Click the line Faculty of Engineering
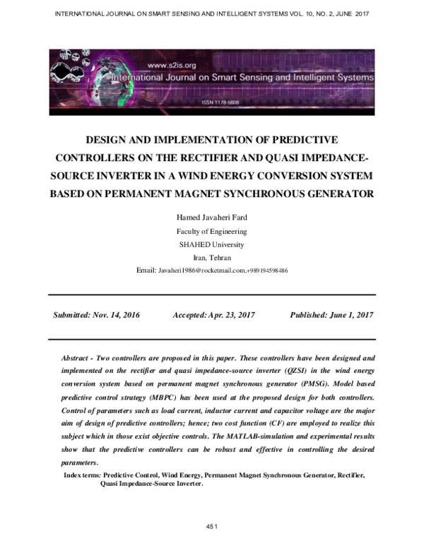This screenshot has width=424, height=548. (211, 232)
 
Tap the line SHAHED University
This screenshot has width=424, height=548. (211, 244)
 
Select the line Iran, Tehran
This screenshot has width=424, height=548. (211, 258)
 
